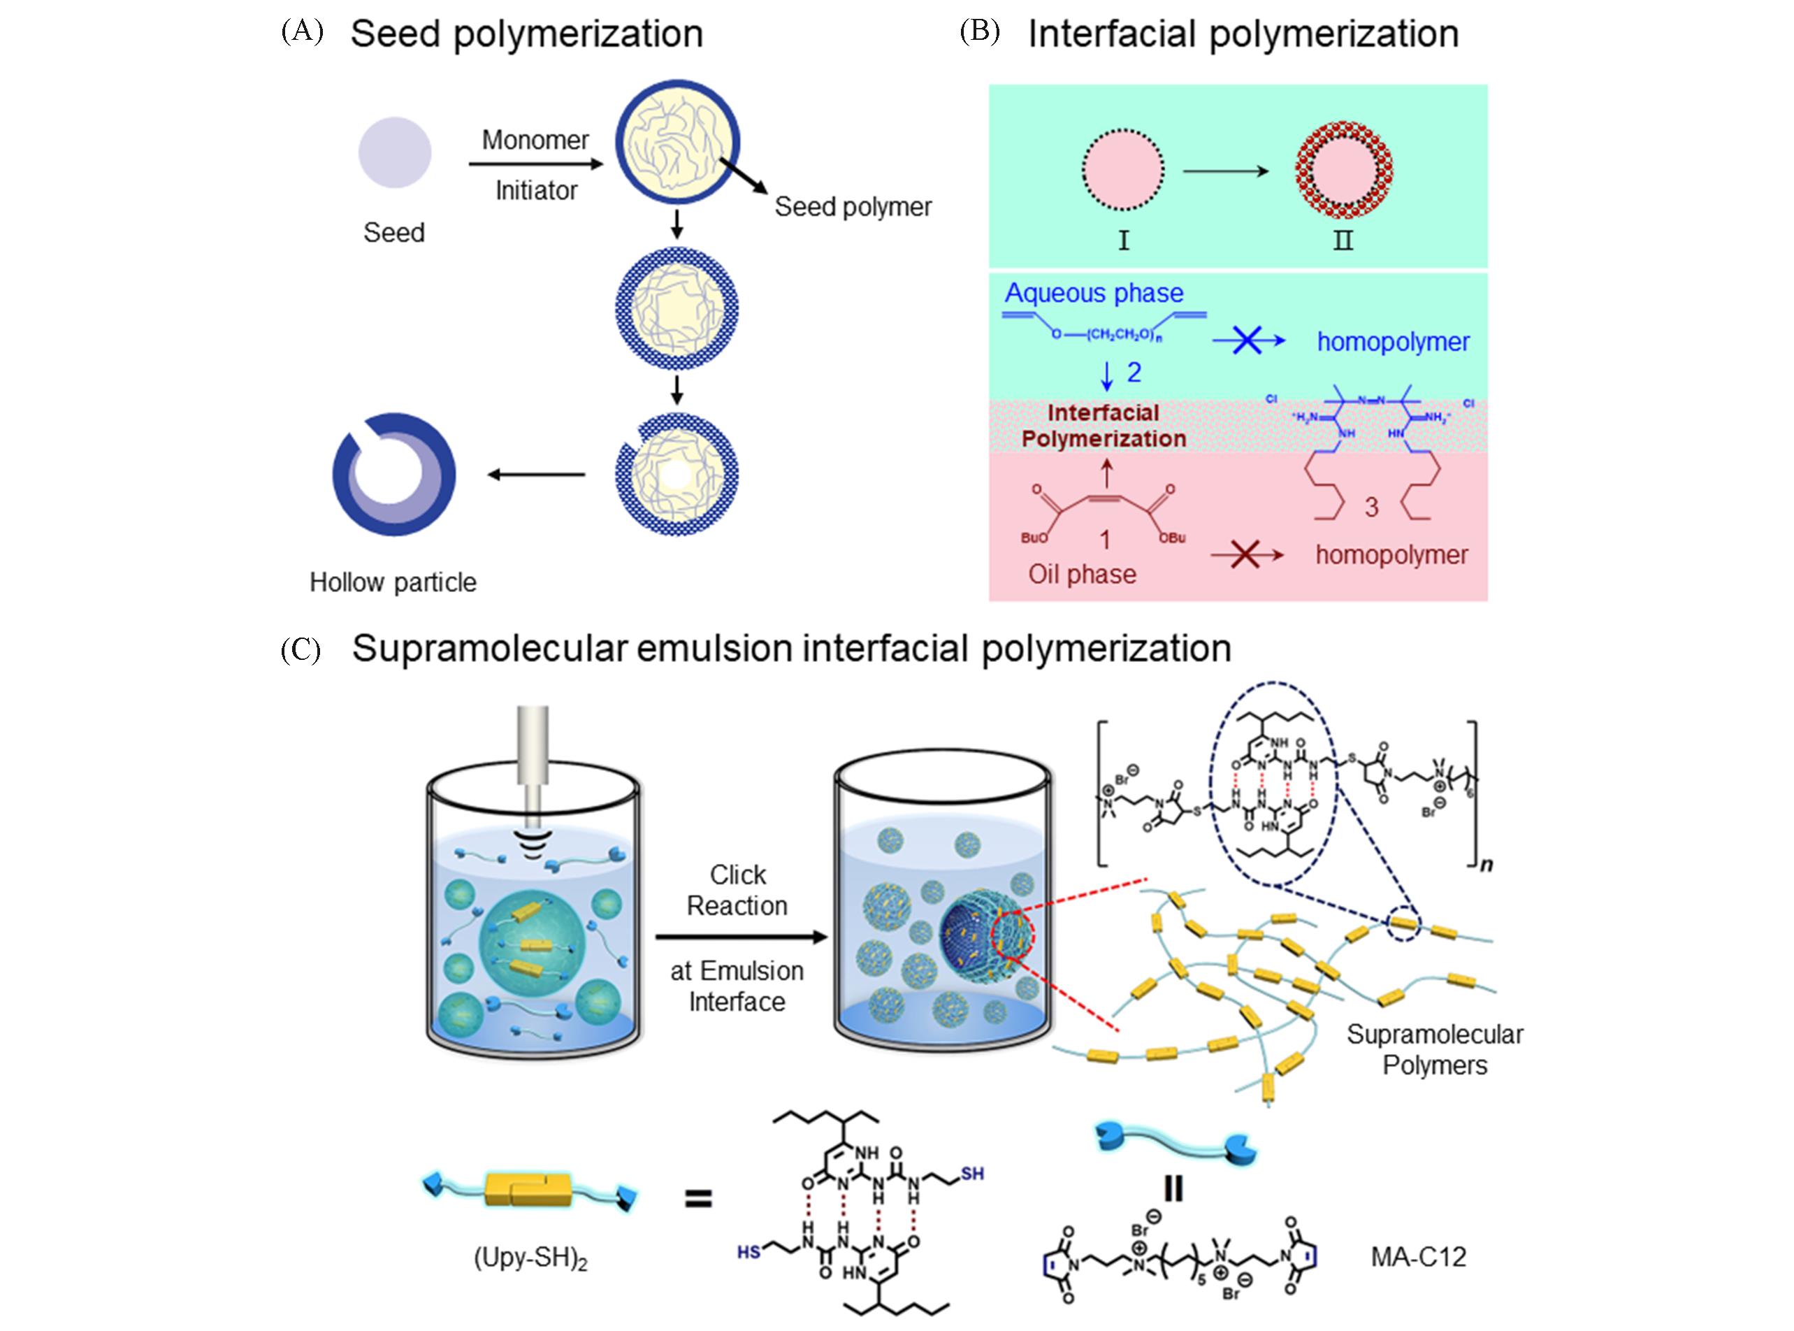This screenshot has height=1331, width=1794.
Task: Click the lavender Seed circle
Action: [x=395, y=152]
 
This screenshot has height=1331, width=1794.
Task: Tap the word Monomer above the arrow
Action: [x=535, y=141]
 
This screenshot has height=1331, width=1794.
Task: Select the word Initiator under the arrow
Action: [x=536, y=191]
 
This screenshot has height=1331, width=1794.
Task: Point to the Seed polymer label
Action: [x=853, y=207]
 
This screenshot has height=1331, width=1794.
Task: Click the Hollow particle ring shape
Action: [x=394, y=475]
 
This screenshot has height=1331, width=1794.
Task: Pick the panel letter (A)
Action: [x=302, y=33]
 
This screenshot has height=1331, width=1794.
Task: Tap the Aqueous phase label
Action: [x=1094, y=294]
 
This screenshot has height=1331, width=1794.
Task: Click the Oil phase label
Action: [x=1082, y=575]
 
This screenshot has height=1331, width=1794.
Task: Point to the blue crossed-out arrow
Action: [x=1247, y=342]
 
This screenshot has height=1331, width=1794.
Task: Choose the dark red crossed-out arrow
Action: [x=1246, y=555]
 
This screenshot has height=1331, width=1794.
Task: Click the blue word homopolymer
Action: [x=1393, y=342]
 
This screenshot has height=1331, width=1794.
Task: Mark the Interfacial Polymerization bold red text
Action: [x=1104, y=426]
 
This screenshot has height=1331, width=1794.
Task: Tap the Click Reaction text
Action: [x=737, y=891]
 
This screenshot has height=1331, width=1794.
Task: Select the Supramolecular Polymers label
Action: [x=1435, y=1050]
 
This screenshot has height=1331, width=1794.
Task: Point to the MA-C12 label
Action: [x=1419, y=1256]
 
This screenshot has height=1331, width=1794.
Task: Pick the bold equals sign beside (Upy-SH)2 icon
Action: [x=697, y=1200]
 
